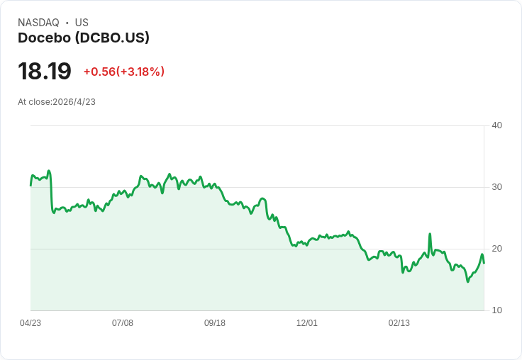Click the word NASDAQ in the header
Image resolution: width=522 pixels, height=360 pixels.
tap(38, 23)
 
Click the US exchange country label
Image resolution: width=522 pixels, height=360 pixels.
tap(82, 23)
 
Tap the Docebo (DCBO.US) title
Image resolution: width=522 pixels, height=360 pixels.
tap(84, 38)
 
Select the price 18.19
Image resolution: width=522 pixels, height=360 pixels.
tap(45, 71)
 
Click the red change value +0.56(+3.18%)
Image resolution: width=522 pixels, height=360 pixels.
tap(124, 72)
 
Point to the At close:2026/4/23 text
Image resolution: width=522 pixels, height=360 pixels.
tap(57, 102)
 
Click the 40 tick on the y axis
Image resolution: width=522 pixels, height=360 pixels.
tap(496, 125)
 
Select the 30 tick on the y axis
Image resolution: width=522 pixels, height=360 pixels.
tap(496, 187)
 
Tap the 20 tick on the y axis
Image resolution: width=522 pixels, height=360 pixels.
tap(496, 249)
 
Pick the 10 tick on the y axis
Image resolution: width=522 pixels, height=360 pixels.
tap(496, 310)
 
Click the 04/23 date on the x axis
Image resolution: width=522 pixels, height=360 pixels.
tap(30, 323)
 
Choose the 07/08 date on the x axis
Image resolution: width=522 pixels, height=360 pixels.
tap(123, 323)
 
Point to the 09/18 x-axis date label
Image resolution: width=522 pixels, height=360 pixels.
tap(215, 323)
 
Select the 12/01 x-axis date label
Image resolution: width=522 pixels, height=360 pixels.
tap(307, 323)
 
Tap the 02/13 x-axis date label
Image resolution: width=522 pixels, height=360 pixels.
tap(399, 323)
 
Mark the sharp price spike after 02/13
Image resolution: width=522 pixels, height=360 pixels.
tap(430, 234)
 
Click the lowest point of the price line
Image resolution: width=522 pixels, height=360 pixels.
tap(467, 282)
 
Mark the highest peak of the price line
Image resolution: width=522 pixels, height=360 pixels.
tap(49, 171)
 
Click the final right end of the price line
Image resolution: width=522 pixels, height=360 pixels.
tap(484, 263)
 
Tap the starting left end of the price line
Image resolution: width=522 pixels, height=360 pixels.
tap(30, 186)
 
